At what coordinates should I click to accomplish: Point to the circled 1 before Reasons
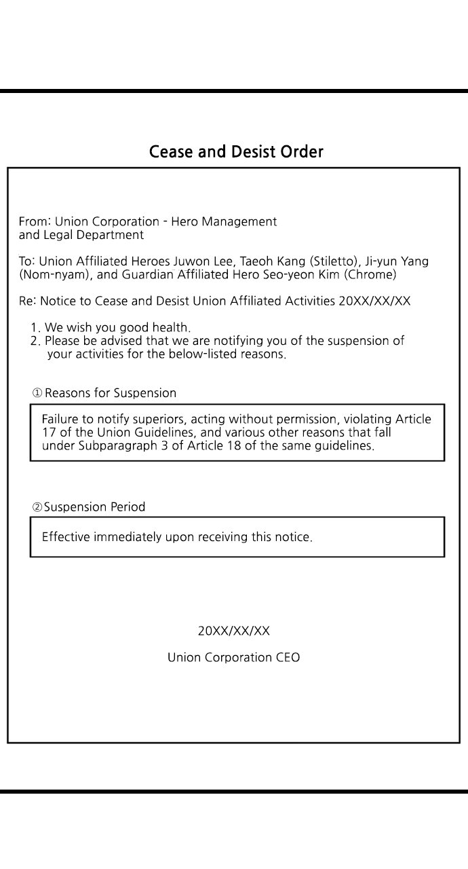pyautogui.click(x=37, y=393)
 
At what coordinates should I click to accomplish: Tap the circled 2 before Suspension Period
pyautogui.click(x=37, y=507)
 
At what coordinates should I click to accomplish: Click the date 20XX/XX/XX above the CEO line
pyautogui.click(x=233, y=631)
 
